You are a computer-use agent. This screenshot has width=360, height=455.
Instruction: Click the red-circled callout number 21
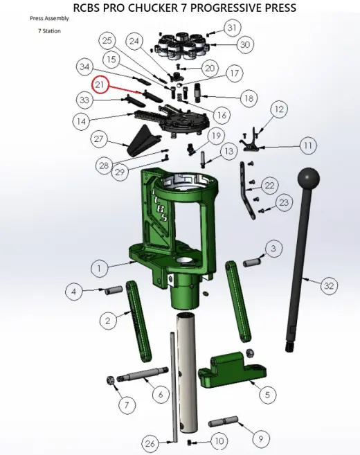(100, 84)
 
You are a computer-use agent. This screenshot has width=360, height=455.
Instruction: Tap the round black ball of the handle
(309, 177)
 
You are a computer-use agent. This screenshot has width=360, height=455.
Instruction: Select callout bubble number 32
(329, 286)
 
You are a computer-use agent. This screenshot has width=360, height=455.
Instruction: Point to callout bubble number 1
(99, 268)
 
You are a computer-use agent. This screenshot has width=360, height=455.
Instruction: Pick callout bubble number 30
(245, 45)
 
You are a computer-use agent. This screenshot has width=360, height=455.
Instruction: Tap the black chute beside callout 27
(143, 141)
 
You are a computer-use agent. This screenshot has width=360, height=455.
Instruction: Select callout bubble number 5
(267, 395)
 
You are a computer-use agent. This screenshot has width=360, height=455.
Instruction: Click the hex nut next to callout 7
(110, 380)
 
